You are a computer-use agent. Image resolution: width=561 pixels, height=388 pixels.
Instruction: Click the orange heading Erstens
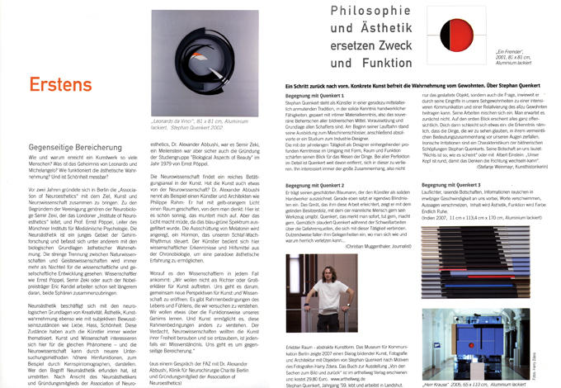(61, 85)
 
